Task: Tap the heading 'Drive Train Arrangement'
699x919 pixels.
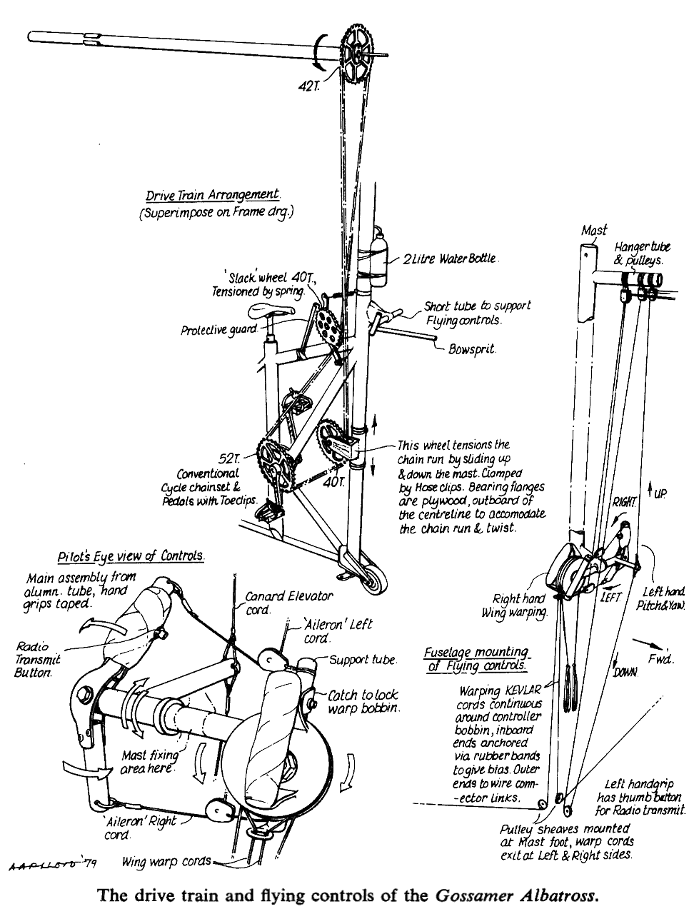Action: point(212,195)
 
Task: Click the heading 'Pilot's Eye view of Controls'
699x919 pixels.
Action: point(131,557)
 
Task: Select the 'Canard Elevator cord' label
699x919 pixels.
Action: point(288,603)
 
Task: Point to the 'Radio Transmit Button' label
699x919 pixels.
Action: point(38,660)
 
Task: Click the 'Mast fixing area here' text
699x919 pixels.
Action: point(148,761)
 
